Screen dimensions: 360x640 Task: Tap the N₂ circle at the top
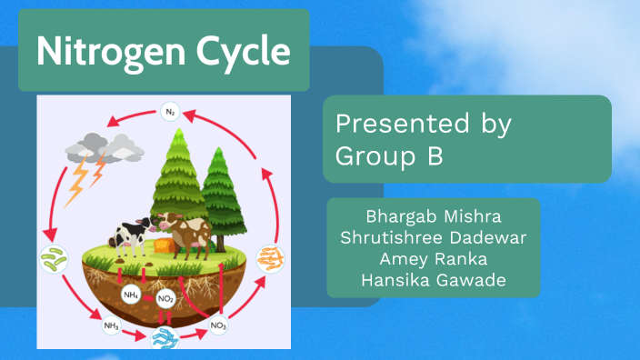pos(169,112)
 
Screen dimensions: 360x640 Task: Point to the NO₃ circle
pos(218,325)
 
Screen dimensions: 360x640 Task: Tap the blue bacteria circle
pos(165,338)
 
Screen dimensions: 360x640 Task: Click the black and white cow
pos(129,235)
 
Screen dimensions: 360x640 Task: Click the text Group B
pos(389,155)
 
